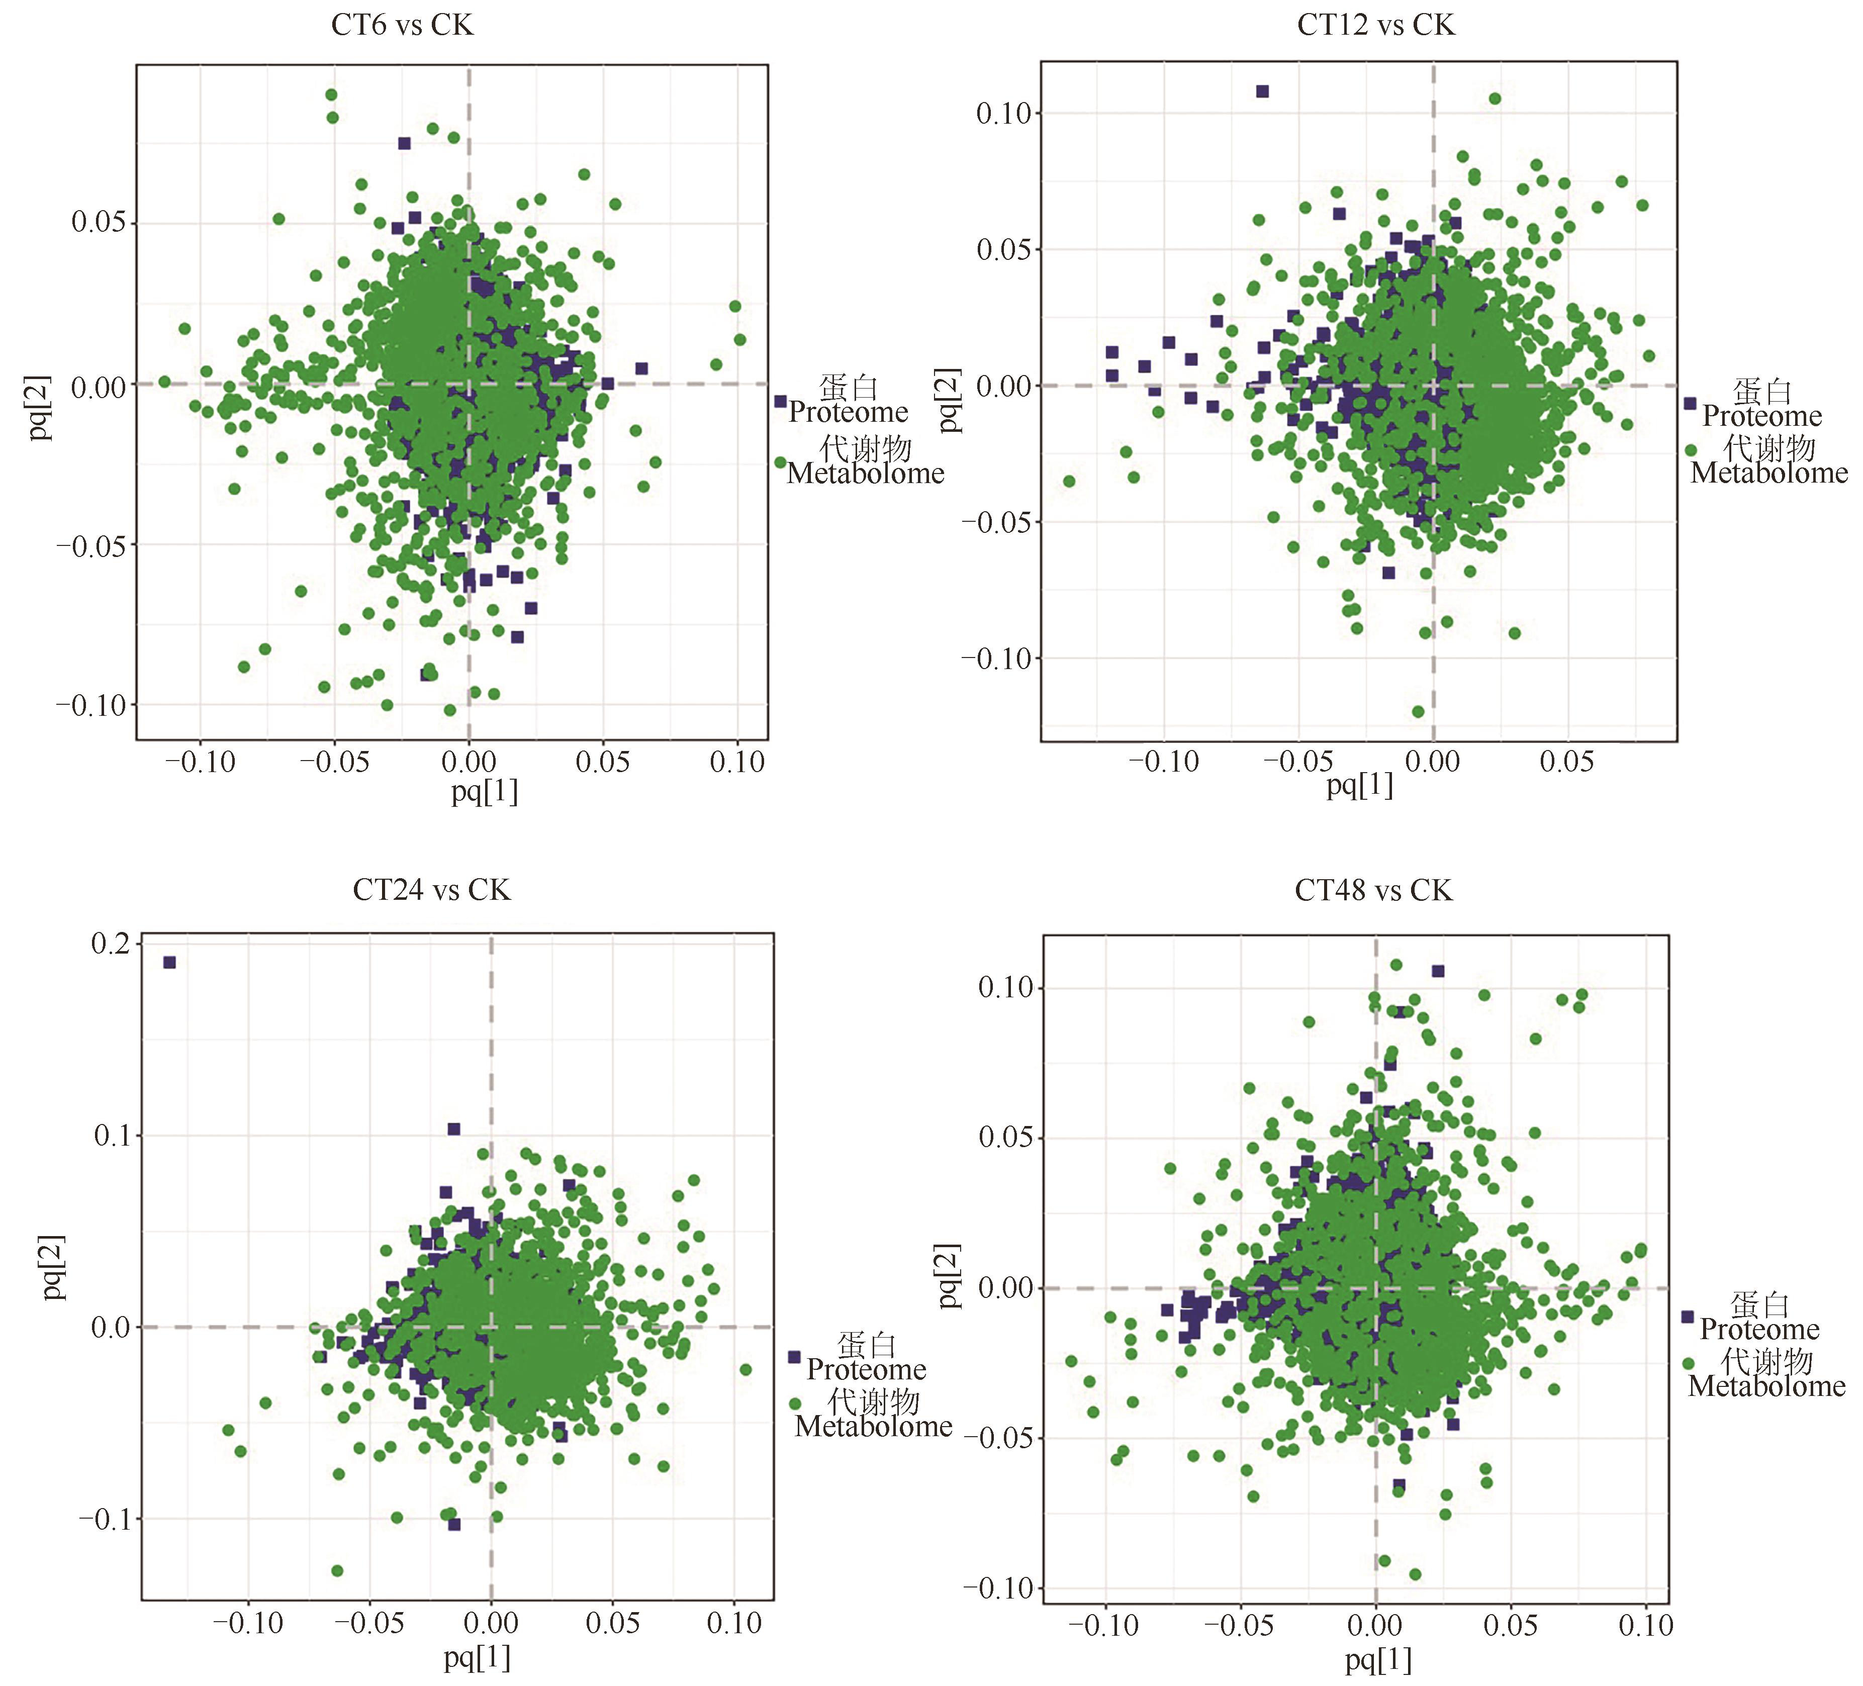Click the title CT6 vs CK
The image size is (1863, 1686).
[402, 25]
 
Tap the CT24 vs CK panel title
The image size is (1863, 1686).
[431, 890]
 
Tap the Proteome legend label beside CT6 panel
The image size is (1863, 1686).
[849, 412]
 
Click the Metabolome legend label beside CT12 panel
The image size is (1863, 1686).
[1768, 473]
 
